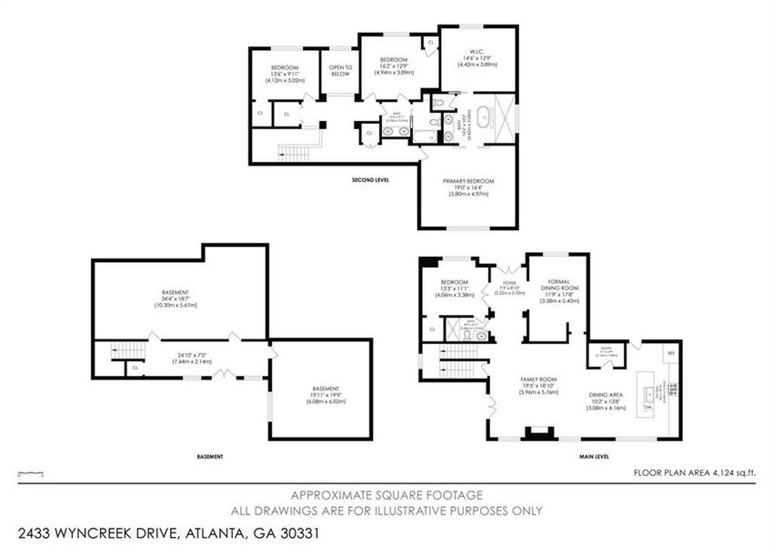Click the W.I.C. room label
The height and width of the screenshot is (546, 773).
click(477, 50)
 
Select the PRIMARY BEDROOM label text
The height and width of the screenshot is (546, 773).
click(469, 182)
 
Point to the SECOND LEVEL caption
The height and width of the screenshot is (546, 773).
click(370, 180)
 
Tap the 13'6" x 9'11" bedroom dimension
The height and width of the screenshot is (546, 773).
click(284, 75)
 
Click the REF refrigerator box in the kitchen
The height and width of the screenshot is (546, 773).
click(671, 352)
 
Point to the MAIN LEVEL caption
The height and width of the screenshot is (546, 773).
click(592, 456)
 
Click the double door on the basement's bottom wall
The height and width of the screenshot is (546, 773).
click(225, 375)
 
